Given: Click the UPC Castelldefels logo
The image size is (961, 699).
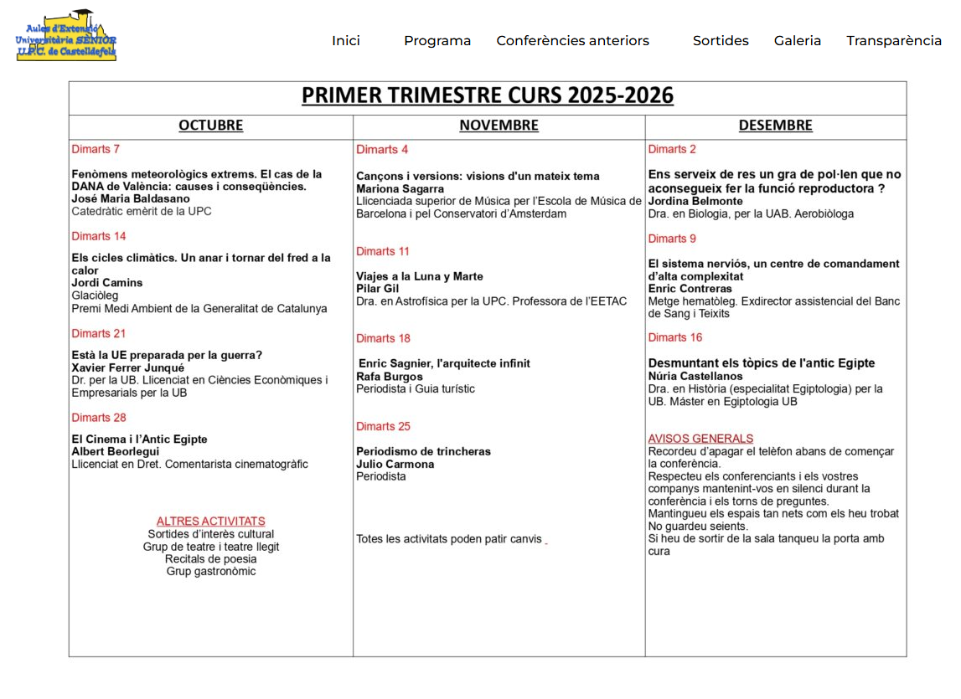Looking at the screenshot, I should coord(66,36).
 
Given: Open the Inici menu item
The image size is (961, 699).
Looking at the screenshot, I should coord(345,41).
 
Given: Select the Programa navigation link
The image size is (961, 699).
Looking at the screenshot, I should coord(437,41).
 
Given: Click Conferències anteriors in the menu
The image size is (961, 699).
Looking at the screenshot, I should coord(572,41).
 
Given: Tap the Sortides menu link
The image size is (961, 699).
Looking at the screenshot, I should coord(721,41).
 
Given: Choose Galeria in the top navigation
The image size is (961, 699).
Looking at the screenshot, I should coord(797,41).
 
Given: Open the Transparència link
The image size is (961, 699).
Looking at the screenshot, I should coord(893,41).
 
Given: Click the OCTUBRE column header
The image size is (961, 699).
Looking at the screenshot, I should coord(210,126).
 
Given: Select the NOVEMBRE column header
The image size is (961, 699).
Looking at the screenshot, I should coord(499,126).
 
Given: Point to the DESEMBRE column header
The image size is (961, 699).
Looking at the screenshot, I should coord(775,126).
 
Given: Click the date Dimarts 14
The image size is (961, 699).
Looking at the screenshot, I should coord(99,236).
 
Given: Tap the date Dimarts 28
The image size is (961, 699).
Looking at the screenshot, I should coord(99,418).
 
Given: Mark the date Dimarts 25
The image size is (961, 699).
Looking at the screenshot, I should coord(383,427).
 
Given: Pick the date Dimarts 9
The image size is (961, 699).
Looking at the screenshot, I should coord(672,239).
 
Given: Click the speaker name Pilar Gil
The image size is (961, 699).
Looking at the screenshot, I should coord(377,289).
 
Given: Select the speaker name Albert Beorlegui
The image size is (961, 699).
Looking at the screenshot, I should coord(115,452).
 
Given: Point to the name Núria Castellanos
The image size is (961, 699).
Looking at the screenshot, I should coord(695,377).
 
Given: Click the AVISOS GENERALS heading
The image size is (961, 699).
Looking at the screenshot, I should coord(700,439).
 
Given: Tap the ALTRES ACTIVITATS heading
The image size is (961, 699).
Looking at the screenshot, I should coord(210,522).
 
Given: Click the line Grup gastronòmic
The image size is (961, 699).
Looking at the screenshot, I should coord(210,572).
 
